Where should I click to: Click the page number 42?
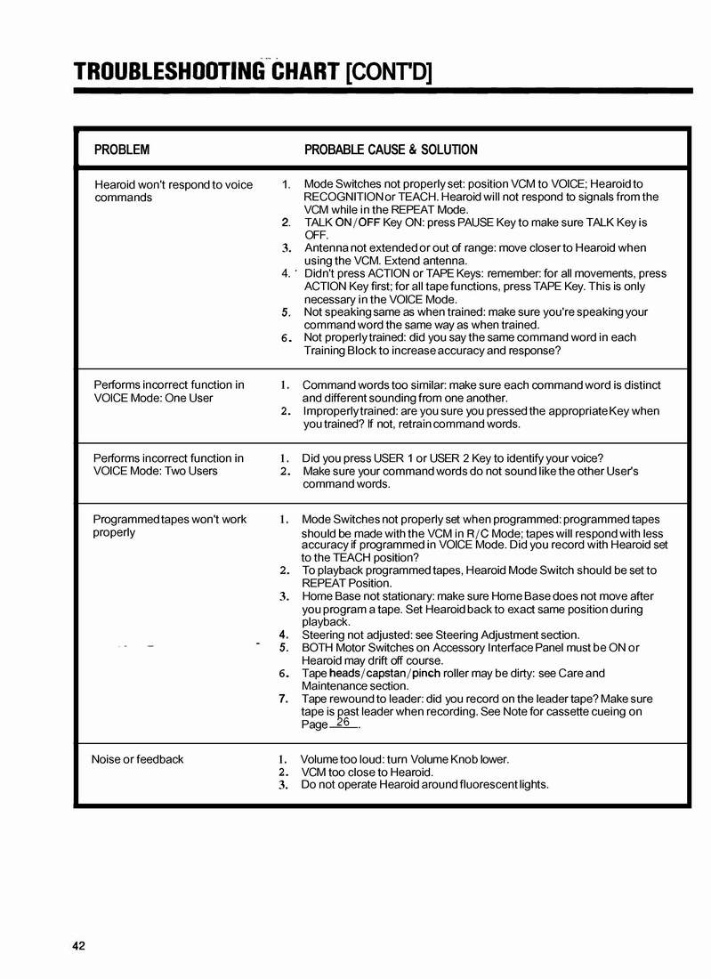pyautogui.click(x=79, y=946)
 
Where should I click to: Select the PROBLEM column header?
pyautogui.click(x=122, y=150)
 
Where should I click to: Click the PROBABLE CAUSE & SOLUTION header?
pyautogui.click(x=391, y=150)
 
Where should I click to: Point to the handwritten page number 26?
pyautogui.click(x=343, y=722)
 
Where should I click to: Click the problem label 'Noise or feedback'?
pyautogui.click(x=137, y=759)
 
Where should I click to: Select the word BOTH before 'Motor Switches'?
pyautogui.click(x=319, y=647)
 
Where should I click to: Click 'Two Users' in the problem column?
pyautogui.click(x=190, y=471)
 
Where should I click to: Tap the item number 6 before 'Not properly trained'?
pyautogui.click(x=286, y=338)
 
